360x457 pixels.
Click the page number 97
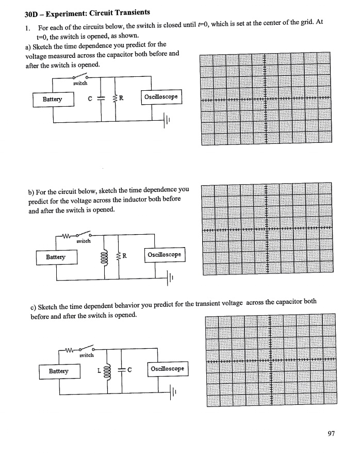pyautogui.click(x=331, y=434)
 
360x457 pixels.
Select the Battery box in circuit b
pyautogui.click(x=56, y=256)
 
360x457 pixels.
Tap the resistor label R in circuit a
pyautogui.click(x=122, y=99)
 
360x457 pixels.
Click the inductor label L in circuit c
pyautogui.click(x=97, y=370)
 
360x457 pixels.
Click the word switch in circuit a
pyautogui.click(x=80, y=83)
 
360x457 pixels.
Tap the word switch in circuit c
pyautogui.click(x=86, y=356)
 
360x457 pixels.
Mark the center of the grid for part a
pyautogui.click(x=265, y=99)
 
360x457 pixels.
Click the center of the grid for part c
pyautogui.click(x=270, y=360)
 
